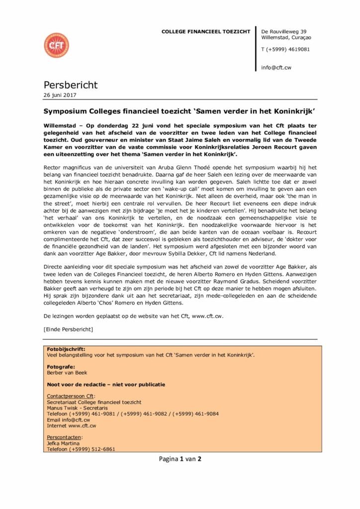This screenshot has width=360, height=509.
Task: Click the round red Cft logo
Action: [x=56, y=46]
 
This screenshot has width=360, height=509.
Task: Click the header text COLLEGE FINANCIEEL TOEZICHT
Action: [x=206, y=32]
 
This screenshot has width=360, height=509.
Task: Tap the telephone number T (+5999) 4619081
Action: [x=285, y=49]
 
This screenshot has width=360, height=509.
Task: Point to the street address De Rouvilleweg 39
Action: [x=283, y=31]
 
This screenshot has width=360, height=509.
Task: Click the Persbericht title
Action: [x=71, y=85]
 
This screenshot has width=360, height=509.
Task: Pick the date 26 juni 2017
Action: [x=60, y=95]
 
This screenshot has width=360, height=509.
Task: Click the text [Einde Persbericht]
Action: [x=68, y=329]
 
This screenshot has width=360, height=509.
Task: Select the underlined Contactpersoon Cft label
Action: [x=70, y=396]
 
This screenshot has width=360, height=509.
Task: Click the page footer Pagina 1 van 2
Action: [x=180, y=459]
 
